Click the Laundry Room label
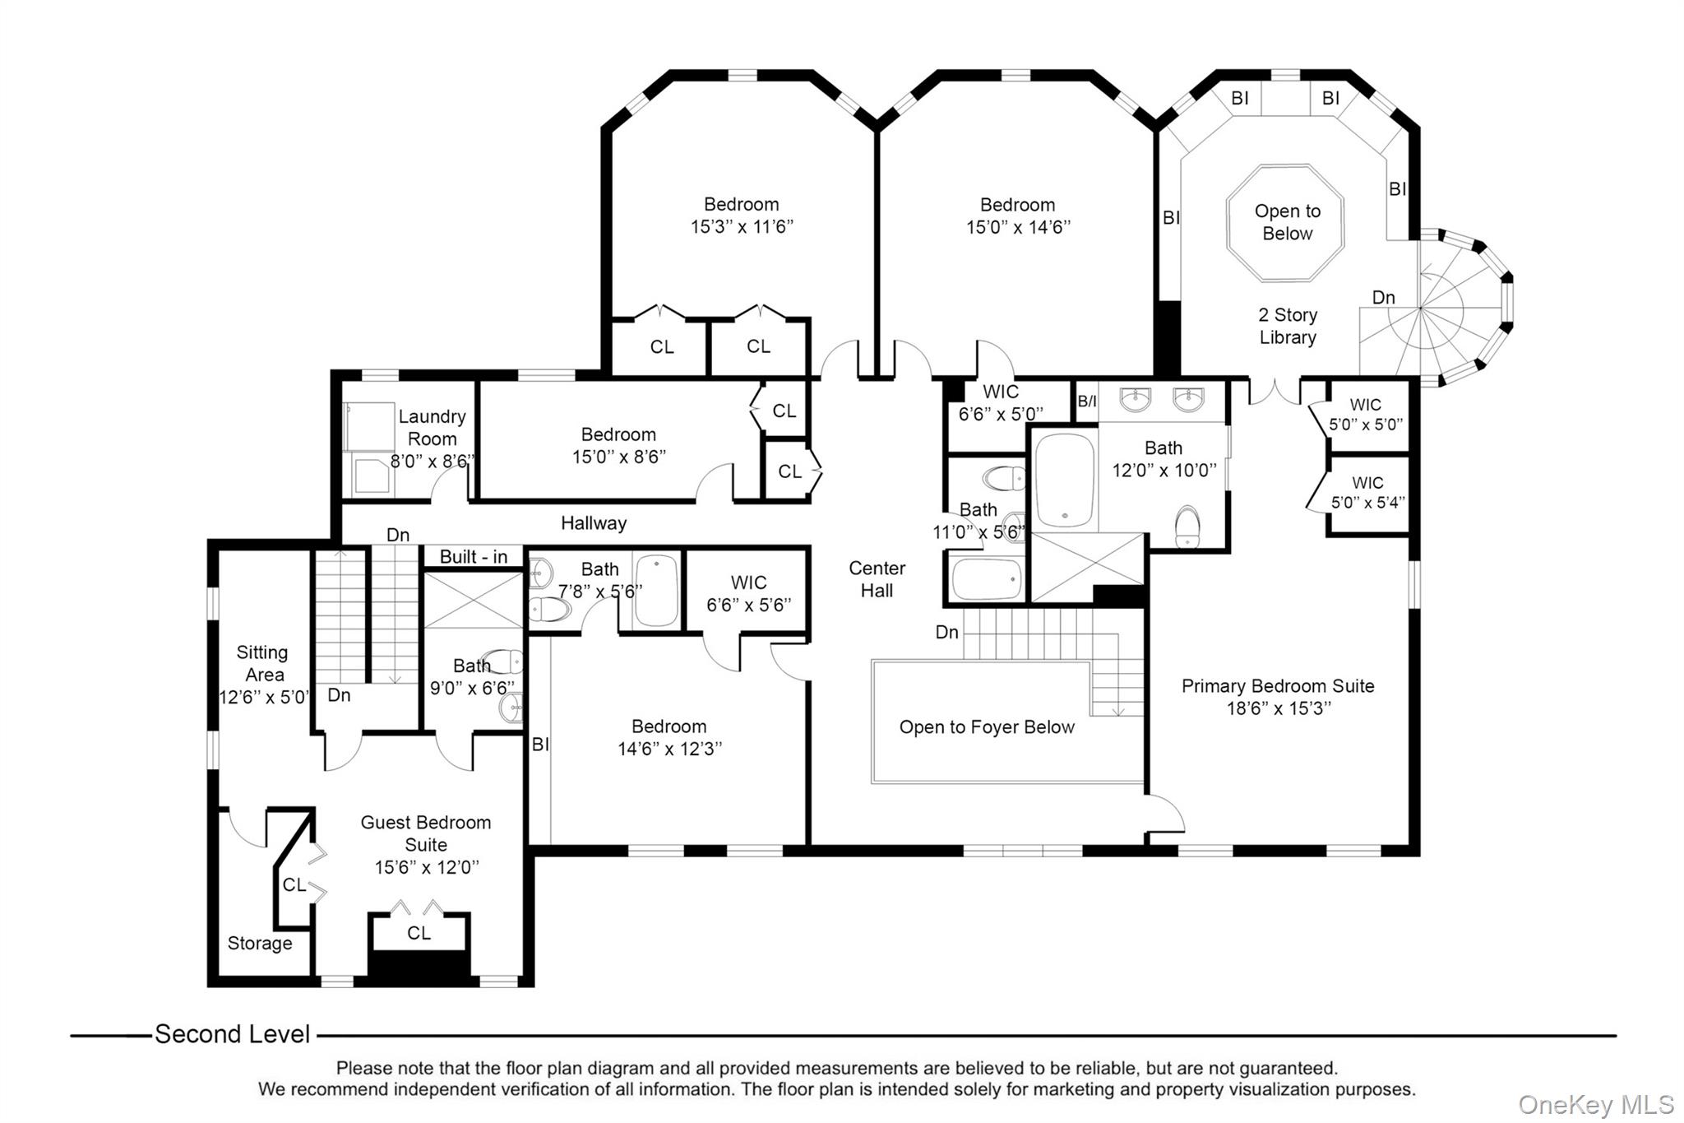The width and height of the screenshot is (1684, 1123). [x=432, y=428]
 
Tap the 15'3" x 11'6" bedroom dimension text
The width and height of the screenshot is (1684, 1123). [x=741, y=227]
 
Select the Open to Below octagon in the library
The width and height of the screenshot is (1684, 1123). [x=1286, y=223]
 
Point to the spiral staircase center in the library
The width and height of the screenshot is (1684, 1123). [x=1421, y=309]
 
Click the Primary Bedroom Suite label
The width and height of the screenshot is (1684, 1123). [x=1277, y=686]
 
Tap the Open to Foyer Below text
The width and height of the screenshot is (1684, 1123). [x=986, y=727]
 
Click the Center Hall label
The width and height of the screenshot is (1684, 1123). [x=877, y=579]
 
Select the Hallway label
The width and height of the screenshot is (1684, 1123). [x=593, y=523]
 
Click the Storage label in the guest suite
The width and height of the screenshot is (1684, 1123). [x=259, y=944]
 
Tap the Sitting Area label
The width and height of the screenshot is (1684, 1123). [x=262, y=663]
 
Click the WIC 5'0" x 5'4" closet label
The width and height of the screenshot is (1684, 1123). [x=1367, y=493]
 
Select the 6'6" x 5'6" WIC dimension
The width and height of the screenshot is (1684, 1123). [x=748, y=606]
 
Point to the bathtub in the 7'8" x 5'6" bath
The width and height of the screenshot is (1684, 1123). [x=656, y=590]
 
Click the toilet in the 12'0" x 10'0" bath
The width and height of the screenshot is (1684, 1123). [x=1187, y=527]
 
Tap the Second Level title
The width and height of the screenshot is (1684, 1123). [x=232, y=1034]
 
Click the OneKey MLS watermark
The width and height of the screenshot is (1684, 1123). [x=1595, y=1104]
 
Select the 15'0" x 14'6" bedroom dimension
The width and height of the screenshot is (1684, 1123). [x=1017, y=228]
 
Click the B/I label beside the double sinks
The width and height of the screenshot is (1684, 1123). [x=1086, y=401]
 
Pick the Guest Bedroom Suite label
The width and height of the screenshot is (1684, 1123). [x=425, y=833]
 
